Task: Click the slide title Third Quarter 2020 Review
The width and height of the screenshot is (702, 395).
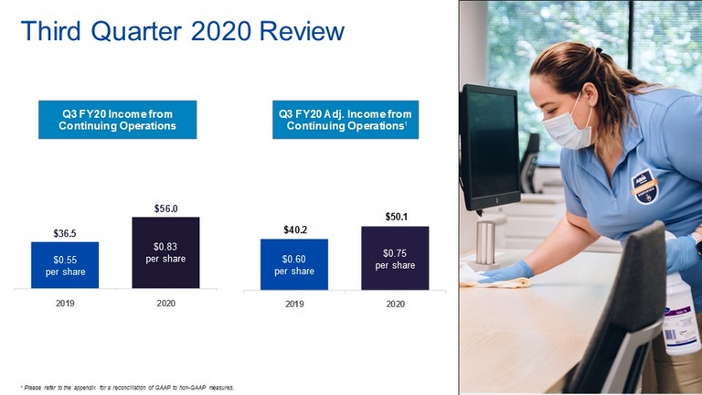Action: coord(183,31)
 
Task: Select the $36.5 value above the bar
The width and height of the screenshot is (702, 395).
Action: coord(65,233)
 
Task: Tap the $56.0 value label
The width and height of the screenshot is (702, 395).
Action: coord(165,208)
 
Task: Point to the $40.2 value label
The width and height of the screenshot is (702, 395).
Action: coord(295,230)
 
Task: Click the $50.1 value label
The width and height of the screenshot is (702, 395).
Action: coord(396,218)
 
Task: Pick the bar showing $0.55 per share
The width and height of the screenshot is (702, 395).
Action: coord(65,265)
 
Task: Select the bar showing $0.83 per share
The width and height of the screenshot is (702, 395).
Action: coord(165,252)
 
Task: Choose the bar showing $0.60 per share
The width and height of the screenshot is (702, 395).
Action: coord(294,264)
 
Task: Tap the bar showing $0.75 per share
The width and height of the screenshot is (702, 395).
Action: coord(395,258)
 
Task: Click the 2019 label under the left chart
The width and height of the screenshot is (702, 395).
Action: coord(65,304)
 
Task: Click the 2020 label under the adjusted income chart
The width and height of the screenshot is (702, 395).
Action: coord(395,304)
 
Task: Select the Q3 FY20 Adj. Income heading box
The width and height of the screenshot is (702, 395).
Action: coord(346,120)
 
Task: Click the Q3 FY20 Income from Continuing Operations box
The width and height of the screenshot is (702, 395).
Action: coord(117,120)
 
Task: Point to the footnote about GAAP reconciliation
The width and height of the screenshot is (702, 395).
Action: coord(127,388)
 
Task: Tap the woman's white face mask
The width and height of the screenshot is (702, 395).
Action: coord(566,127)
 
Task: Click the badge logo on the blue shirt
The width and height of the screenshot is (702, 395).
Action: coord(644,186)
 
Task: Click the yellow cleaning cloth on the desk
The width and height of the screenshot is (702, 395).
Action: coord(496,282)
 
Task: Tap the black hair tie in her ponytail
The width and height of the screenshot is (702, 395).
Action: coord(599,50)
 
